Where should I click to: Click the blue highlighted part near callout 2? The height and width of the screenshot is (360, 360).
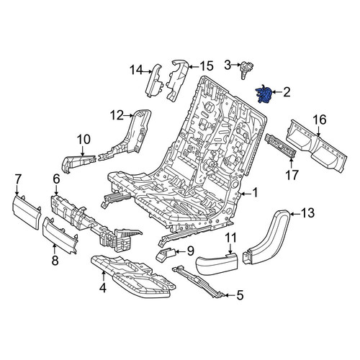[x=264, y=94]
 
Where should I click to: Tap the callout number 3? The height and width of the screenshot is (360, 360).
[x=228, y=65]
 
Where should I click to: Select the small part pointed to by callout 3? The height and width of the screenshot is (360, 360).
[x=246, y=70]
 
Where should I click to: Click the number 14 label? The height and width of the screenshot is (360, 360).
[x=137, y=71]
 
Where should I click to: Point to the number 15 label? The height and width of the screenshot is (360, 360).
[x=206, y=66]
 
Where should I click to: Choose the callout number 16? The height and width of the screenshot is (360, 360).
[x=319, y=120]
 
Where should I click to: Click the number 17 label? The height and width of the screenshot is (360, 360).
[x=292, y=175]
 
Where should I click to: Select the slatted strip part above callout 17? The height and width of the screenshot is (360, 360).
[x=279, y=146]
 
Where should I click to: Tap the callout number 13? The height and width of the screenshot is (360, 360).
[x=307, y=213]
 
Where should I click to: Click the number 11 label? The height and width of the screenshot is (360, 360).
[x=230, y=238]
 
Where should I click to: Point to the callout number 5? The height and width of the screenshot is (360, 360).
[x=240, y=295]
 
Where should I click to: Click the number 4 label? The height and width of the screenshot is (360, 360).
[x=103, y=288]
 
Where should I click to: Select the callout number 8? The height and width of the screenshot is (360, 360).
[x=55, y=260]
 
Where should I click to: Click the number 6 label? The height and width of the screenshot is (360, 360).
[x=56, y=179]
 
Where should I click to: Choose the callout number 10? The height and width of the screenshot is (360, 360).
[x=84, y=140]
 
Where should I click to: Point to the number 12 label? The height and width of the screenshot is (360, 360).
[x=117, y=115]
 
